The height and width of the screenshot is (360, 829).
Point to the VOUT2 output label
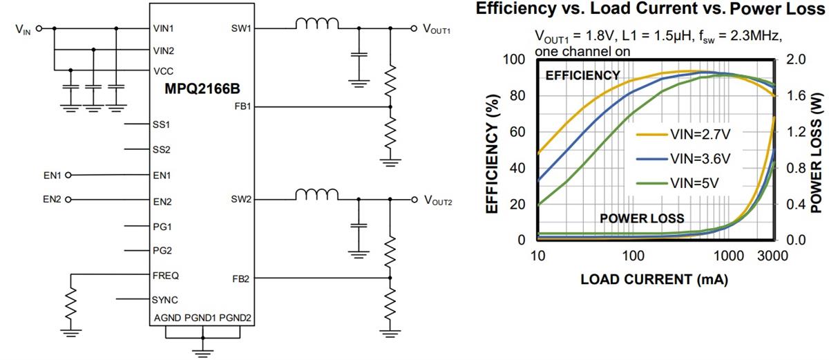(x=437, y=200)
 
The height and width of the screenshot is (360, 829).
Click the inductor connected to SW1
(x=317, y=24)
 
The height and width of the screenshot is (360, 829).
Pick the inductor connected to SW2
(x=317, y=196)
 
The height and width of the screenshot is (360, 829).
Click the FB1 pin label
(x=242, y=107)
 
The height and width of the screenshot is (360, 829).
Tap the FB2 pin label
(x=242, y=278)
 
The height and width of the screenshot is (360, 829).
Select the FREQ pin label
(x=166, y=275)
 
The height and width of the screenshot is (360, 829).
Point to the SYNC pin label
(x=166, y=300)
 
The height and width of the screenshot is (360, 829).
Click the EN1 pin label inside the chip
(x=162, y=176)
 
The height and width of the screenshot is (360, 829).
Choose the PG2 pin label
(x=162, y=251)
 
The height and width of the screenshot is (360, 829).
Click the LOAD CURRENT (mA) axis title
(x=654, y=280)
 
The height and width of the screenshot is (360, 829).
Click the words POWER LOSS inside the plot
(x=642, y=218)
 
